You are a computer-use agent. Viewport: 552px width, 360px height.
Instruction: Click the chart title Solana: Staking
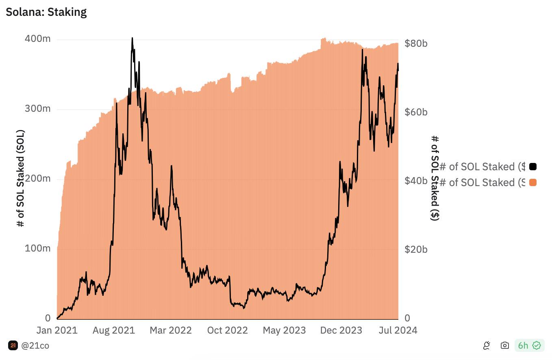46,12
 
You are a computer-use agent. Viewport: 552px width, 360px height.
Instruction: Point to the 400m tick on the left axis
37,39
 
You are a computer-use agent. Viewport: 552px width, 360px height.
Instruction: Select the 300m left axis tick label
37,109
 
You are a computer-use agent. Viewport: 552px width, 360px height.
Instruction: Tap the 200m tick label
37,179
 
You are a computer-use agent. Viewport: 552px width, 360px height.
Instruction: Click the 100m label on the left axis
37,248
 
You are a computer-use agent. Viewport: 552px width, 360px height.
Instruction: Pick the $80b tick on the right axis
416,43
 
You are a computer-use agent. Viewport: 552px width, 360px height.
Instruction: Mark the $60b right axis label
416,112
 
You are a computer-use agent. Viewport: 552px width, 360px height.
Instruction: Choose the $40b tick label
416,181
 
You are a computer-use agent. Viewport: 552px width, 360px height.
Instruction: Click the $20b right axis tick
416,249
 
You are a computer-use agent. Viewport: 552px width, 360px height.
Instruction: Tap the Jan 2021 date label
57,330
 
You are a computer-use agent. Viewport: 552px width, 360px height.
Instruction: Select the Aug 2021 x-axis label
113,330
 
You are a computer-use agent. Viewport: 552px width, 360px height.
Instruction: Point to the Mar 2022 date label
170,330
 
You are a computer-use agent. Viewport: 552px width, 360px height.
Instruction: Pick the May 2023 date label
284,330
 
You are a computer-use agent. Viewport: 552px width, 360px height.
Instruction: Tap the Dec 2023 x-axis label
341,330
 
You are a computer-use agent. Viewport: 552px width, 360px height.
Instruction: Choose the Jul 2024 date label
398,330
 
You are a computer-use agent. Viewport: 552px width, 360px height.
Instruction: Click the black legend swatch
532,167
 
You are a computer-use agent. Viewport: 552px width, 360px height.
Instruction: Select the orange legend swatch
532,182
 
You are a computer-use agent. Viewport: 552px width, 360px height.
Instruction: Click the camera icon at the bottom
505,345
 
